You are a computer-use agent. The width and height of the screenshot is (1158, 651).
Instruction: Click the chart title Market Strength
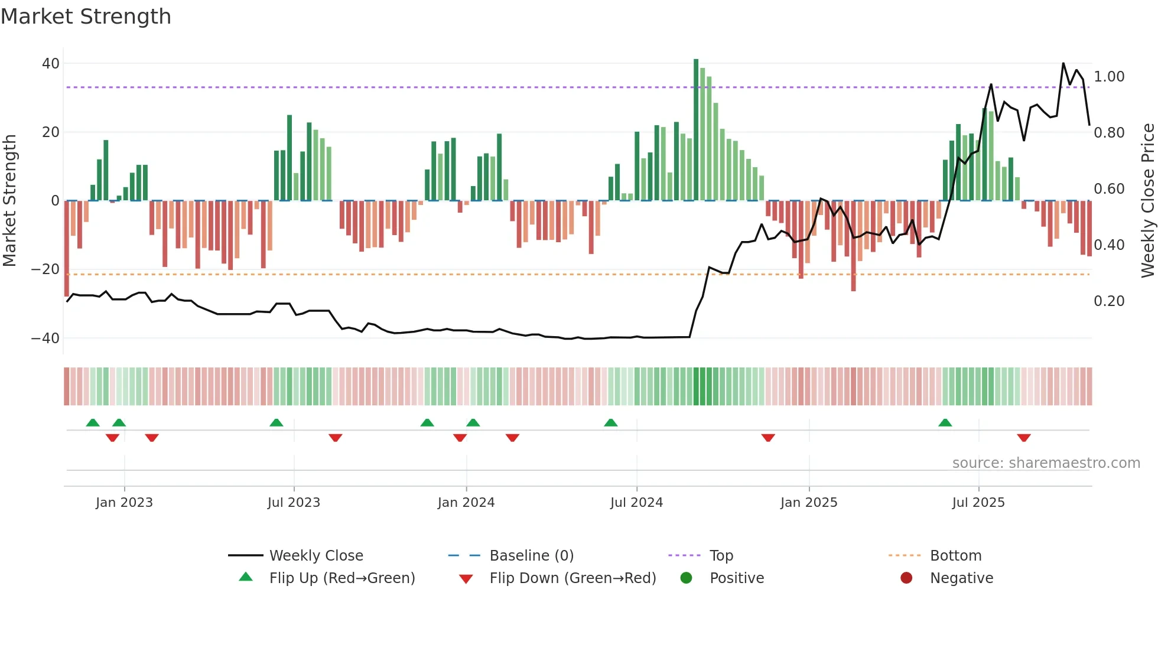[86, 17]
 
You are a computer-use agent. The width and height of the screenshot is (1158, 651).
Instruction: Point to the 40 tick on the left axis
[50, 63]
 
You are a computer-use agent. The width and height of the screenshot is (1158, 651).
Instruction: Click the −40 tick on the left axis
[45, 338]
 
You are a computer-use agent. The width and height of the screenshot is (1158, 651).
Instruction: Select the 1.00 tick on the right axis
[1109, 77]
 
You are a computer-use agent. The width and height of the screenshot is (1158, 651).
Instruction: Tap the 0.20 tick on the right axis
[1109, 301]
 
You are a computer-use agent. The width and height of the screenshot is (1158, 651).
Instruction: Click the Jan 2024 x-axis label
[466, 503]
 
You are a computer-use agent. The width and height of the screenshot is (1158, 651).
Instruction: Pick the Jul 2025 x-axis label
[978, 503]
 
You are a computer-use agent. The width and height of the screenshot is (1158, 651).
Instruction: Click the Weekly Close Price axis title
[1147, 201]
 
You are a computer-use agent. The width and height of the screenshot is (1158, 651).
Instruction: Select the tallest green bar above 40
[696, 130]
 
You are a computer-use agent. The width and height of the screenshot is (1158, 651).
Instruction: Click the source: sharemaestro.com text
[1046, 463]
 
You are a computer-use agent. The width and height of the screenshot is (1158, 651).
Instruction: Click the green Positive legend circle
[686, 578]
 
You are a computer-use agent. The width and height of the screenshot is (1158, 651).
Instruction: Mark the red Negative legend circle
[906, 578]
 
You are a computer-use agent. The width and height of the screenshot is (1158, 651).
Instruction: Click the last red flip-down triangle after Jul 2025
[1024, 438]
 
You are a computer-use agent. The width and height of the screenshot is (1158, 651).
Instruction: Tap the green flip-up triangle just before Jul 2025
[945, 422]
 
